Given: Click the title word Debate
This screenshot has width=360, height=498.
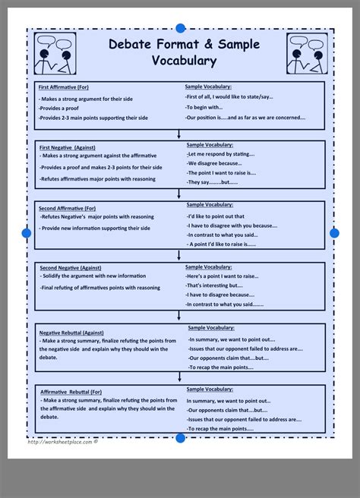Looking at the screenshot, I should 131,45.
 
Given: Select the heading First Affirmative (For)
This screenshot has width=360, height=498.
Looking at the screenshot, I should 68,88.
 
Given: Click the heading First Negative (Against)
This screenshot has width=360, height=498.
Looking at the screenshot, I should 72,145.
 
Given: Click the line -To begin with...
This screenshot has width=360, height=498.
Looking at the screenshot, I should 206,108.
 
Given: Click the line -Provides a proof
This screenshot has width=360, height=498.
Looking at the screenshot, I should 62,109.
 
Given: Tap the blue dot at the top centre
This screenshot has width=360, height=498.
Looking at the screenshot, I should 180,28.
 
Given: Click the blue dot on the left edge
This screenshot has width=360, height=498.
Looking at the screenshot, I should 27,233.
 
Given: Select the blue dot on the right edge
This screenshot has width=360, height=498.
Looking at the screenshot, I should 334,232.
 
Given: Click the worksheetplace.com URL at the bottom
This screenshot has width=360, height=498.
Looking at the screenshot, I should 60,443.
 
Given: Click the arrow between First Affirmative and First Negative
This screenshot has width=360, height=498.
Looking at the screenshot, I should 179,134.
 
